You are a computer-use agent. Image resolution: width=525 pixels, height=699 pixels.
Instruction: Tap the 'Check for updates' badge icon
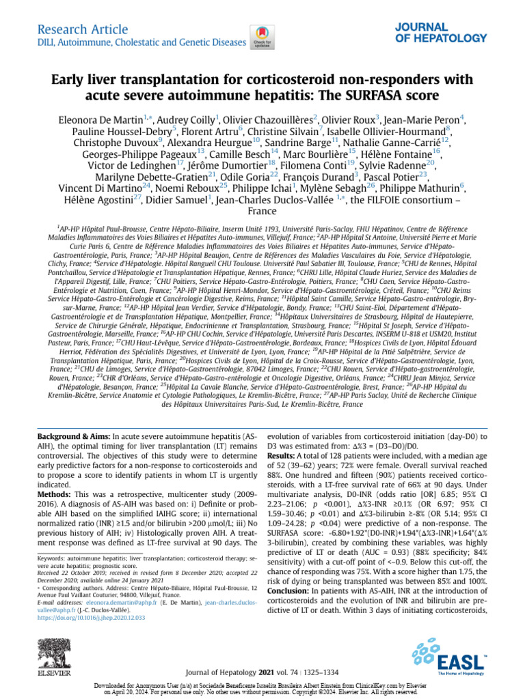[x=260, y=35]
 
